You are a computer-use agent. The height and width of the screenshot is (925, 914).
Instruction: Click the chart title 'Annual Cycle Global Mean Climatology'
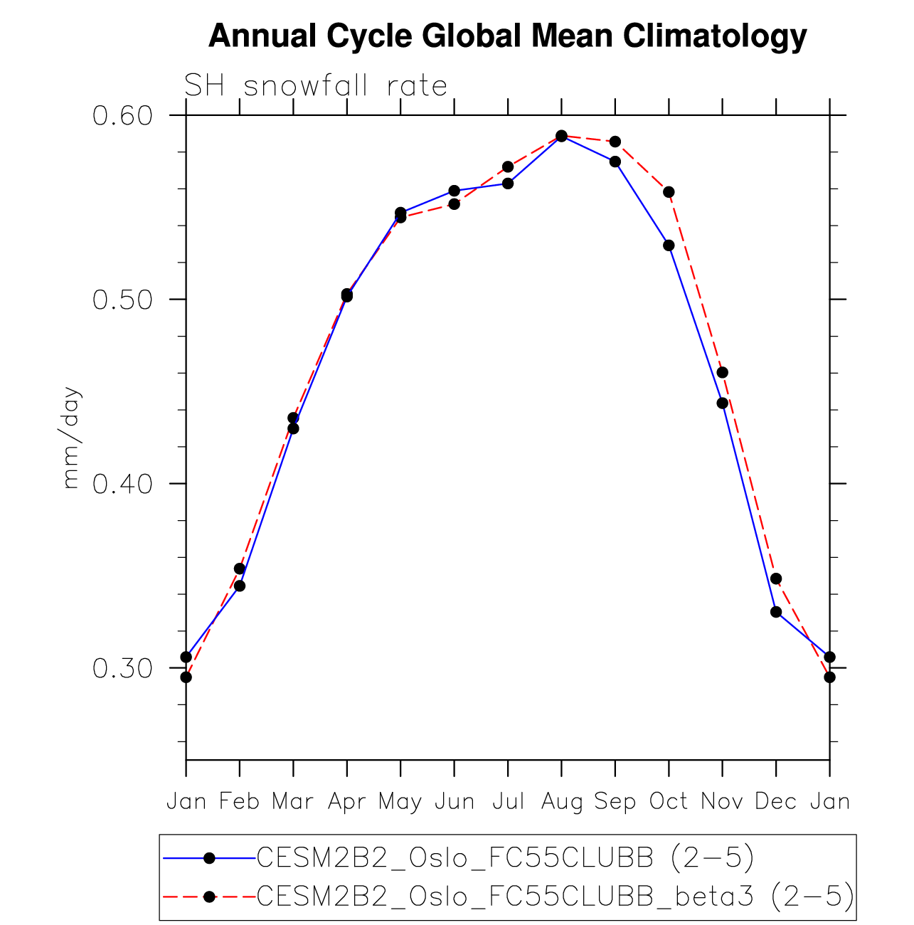[507, 36]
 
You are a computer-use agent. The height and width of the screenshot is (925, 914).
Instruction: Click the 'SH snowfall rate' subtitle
[316, 86]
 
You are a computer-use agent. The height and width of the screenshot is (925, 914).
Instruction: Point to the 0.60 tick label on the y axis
[123, 115]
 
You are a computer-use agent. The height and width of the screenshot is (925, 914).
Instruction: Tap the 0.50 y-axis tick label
[123, 300]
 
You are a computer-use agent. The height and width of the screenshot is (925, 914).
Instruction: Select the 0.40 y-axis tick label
[123, 484]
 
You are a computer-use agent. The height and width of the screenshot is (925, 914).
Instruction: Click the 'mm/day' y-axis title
[72, 438]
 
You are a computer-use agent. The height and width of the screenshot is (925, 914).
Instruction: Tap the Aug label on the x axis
[562, 802]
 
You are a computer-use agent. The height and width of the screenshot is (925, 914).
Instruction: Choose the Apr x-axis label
[347, 802]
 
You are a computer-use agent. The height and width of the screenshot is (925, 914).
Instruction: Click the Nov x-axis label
[722, 802]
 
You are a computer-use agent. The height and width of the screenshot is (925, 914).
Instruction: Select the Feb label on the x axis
[240, 802]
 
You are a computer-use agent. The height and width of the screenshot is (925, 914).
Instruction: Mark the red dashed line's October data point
[669, 192]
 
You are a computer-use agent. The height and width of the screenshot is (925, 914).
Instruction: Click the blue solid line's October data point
[669, 245]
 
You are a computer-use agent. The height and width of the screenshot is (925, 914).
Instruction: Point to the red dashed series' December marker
[776, 578]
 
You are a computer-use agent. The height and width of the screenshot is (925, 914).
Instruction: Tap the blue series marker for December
[776, 612]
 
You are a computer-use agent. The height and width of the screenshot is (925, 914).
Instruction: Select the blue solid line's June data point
[455, 191]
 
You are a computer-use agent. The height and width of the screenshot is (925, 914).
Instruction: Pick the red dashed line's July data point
[508, 167]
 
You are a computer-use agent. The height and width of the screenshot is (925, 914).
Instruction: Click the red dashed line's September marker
[615, 142]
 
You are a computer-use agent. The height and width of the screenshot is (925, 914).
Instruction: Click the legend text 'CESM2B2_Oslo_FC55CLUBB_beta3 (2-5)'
[555, 897]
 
